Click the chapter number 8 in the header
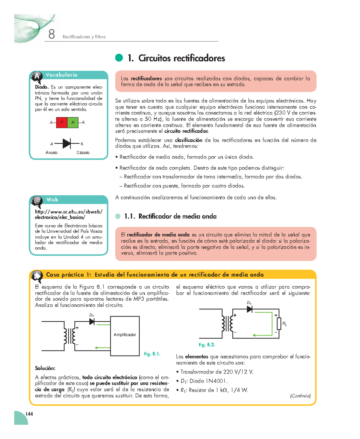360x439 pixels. [52, 34]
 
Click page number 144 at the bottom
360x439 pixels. [29, 414]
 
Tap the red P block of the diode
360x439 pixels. [62, 122]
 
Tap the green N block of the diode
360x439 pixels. [73, 122]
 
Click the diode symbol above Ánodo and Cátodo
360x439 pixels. [67, 144]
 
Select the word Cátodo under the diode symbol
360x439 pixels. [83, 152]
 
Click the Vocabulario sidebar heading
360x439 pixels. [61, 75]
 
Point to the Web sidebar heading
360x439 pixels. [52, 200]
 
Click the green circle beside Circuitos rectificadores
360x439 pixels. [119, 58]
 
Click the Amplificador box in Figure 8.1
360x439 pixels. [125, 335]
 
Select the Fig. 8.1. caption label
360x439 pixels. [152, 354]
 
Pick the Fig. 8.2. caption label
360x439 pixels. [207, 345]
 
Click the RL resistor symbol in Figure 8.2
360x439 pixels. [279, 324]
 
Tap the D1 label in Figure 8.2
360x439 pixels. [249, 303]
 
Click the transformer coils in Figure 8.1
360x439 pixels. [69, 336]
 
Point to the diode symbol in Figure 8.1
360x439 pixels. [92, 322]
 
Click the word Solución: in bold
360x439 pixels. [45, 368]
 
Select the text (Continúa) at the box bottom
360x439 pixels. [300, 396]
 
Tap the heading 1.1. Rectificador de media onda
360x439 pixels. [170, 216]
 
